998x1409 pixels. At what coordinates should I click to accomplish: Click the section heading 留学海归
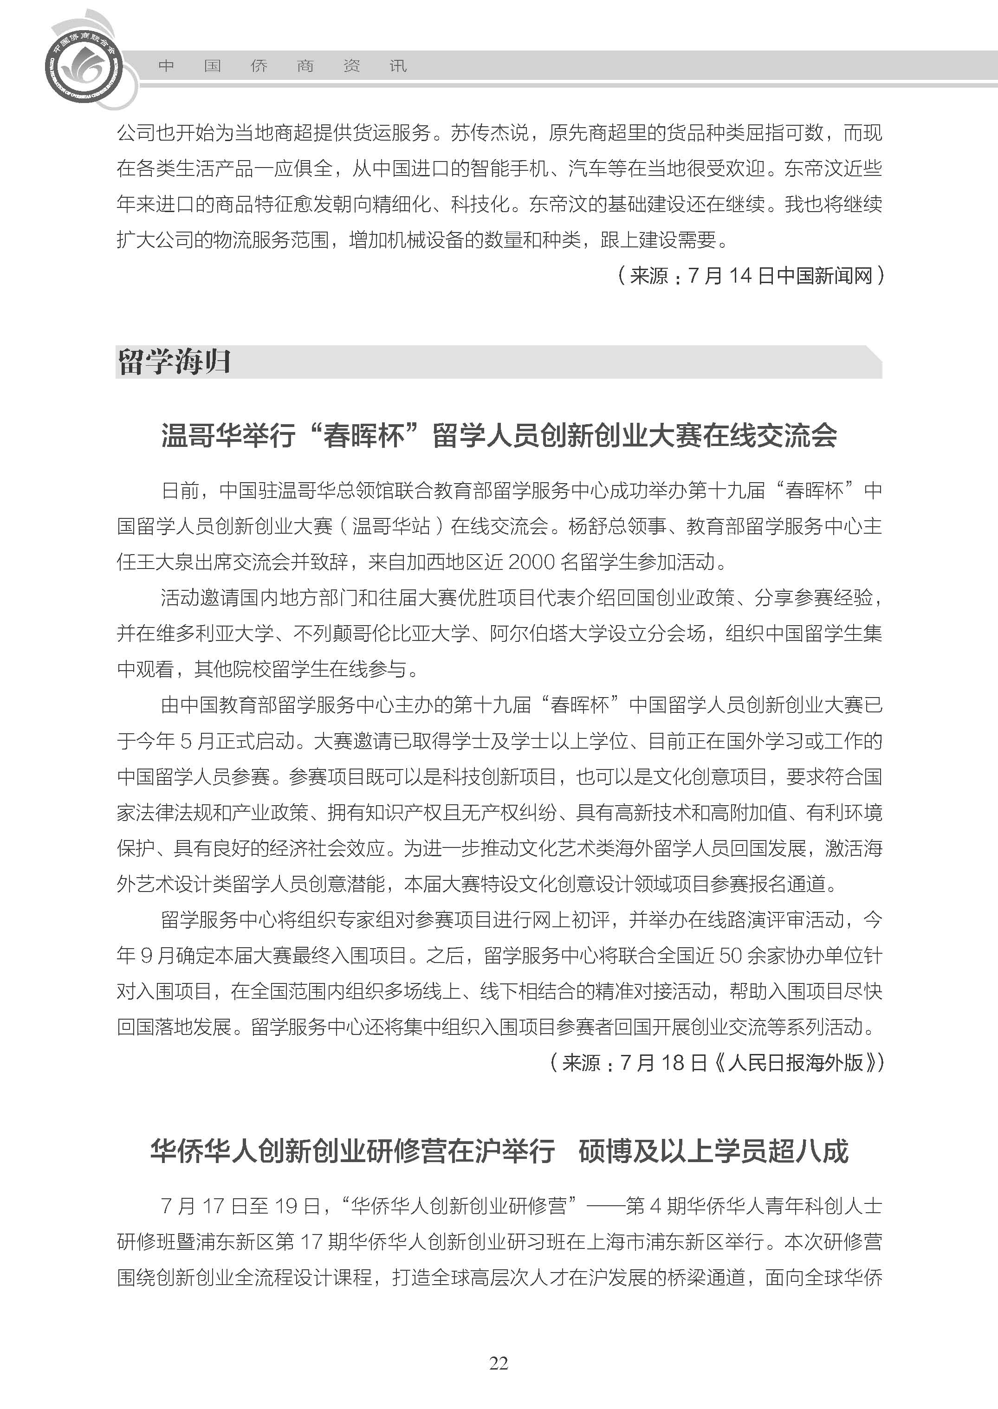pyautogui.click(x=174, y=362)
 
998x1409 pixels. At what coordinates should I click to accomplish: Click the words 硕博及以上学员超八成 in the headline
pyautogui.click(x=713, y=1151)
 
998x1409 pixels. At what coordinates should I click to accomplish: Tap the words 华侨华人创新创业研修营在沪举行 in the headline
pyautogui.click(x=353, y=1151)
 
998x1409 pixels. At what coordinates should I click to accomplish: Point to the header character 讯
pyautogui.click(x=398, y=66)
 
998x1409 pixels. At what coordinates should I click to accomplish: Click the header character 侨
pyautogui.click(x=259, y=66)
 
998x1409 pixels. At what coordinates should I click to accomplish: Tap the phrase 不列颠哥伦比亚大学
pyautogui.click(x=381, y=633)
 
